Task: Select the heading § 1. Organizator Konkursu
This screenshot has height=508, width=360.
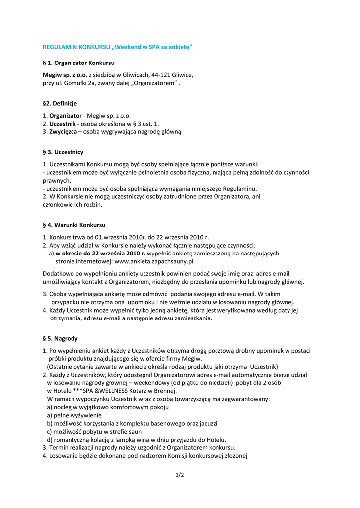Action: pos(78,63)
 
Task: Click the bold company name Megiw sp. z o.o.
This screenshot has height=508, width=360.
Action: pos(65,75)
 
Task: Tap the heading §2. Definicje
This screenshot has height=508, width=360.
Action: pos(60,103)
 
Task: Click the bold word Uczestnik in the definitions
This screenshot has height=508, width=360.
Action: pos(63,124)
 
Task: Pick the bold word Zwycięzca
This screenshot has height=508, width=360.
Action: pos(63,132)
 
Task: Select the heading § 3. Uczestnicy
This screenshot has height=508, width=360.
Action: pos(63,152)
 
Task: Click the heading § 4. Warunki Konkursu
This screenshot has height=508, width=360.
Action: pos(74,225)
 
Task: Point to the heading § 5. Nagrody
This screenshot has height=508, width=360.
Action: pos(60,338)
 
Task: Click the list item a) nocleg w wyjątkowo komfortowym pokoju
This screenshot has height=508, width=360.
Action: pos(108,407)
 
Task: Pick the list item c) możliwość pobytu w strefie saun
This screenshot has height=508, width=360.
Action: pos(94,431)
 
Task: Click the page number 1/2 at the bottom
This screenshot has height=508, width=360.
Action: pos(180,475)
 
